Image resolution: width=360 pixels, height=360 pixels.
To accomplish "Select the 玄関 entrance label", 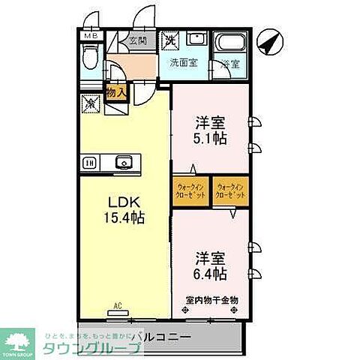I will (136, 40).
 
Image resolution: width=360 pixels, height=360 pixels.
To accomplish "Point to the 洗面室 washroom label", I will (181, 63).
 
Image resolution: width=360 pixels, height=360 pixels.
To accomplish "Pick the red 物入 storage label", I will (115, 91).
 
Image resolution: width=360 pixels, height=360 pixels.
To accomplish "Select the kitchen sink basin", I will (124, 161).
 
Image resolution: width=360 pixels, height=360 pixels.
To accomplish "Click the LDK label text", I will (124, 202).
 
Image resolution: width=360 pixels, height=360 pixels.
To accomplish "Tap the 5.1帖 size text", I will (209, 138).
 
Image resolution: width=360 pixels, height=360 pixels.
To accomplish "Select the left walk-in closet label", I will (191, 190).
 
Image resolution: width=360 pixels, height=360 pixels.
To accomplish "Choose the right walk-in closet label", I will (231, 190).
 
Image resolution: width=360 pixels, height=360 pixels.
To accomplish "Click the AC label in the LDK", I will (118, 305).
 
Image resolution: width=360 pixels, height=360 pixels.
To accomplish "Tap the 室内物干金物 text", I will (212, 300).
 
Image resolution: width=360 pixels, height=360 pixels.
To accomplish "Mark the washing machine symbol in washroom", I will (171, 40).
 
